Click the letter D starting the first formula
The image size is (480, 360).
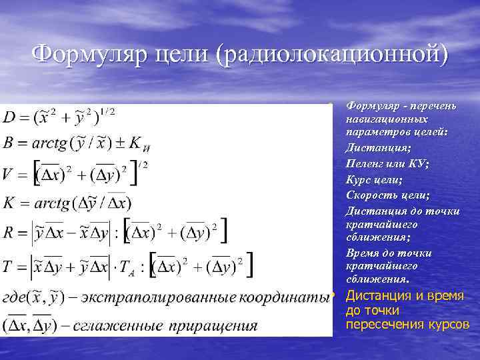click(x=11, y=118)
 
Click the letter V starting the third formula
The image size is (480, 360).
click(x=10, y=173)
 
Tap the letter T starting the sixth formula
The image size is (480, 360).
click(x=9, y=266)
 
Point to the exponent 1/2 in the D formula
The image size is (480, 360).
click(x=106, y=111)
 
